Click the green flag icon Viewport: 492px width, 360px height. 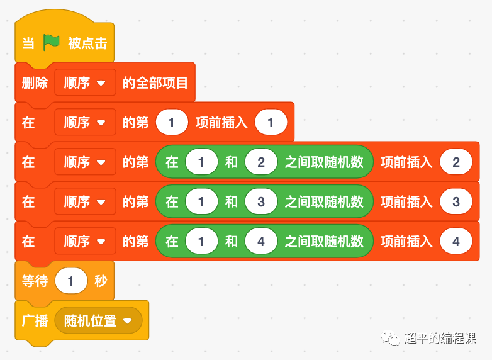point(52,43)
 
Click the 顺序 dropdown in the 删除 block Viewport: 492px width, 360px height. point(85,83)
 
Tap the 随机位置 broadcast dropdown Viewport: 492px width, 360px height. point(98,320)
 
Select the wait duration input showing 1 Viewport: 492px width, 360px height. point(70,281)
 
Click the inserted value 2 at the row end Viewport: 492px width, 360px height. point(456,162)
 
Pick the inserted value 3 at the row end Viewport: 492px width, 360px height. point(456,202)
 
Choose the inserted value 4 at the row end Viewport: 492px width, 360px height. point(456,242)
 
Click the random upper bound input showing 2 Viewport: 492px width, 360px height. point(261,162)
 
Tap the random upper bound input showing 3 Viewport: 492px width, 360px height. point(261,202)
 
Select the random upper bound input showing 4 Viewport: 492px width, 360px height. point(261,242)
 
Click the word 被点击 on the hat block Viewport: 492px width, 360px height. point(87,43)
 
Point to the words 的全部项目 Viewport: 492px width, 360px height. point(155,83)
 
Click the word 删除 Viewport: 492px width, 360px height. point(35,83)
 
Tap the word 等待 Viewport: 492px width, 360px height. point(35,281)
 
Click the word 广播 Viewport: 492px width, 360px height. point(35,320)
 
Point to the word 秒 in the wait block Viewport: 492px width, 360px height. point(101,281)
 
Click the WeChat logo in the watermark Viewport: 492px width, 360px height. point(393,339)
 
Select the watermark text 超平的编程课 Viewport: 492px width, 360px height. point(440,338)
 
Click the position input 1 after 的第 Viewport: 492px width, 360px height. point(172,123)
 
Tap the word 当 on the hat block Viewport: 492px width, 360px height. point(28,43)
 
